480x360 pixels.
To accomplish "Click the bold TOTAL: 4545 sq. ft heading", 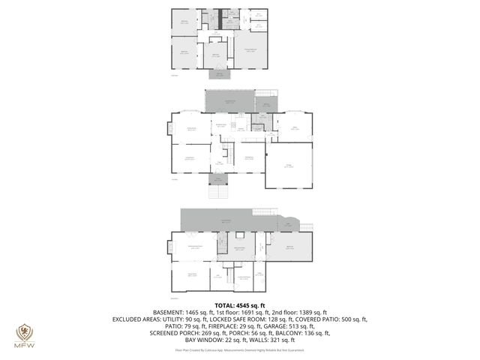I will click(240, 305).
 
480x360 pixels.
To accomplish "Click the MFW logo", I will click(25, 333).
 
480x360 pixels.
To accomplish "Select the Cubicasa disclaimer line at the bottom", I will click(240, 349).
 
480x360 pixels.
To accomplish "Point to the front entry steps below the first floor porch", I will click(217, 190).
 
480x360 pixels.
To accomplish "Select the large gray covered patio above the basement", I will click(225, 220).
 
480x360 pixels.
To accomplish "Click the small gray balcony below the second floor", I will click(220, 74).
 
